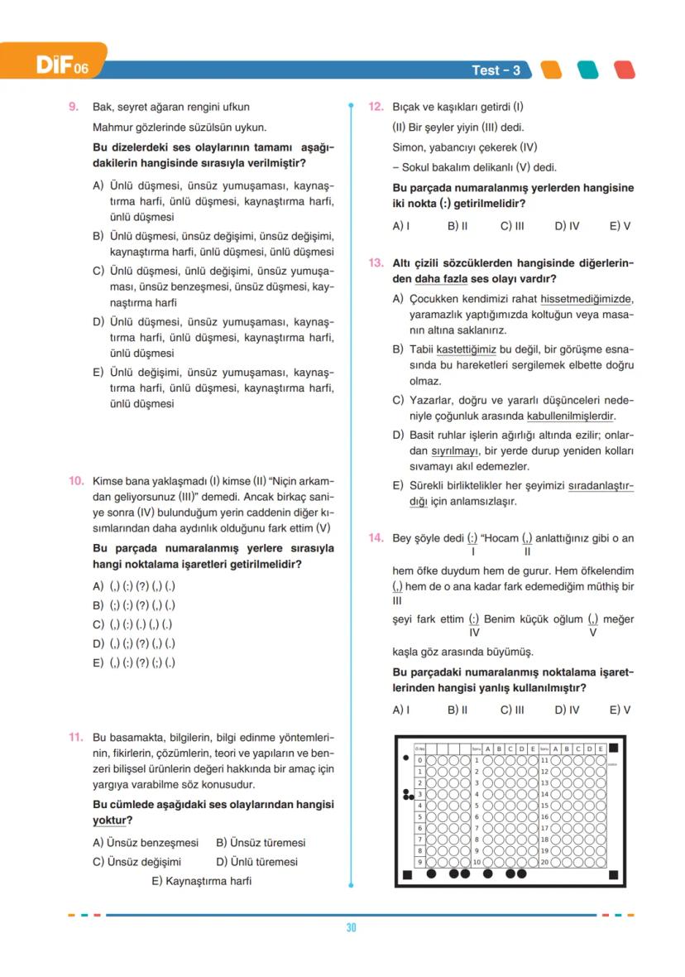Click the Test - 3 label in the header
(496, 70)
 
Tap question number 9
(74, 107)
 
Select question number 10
(75, 481)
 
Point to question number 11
(75, 737)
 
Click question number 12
(376, 107)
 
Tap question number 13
(376, 263)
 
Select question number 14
(376, 538)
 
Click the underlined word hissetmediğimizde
(587, 299)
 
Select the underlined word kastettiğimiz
(467, 349)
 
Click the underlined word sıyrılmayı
(455, 451)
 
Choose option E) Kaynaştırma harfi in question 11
(201, 881)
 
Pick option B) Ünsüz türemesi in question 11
(261, 843)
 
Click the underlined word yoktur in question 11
(108, 821)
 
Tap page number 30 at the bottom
(351, 928)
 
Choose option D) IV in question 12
(567, 225)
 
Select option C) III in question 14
(512, 710)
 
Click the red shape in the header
(624, 70)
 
